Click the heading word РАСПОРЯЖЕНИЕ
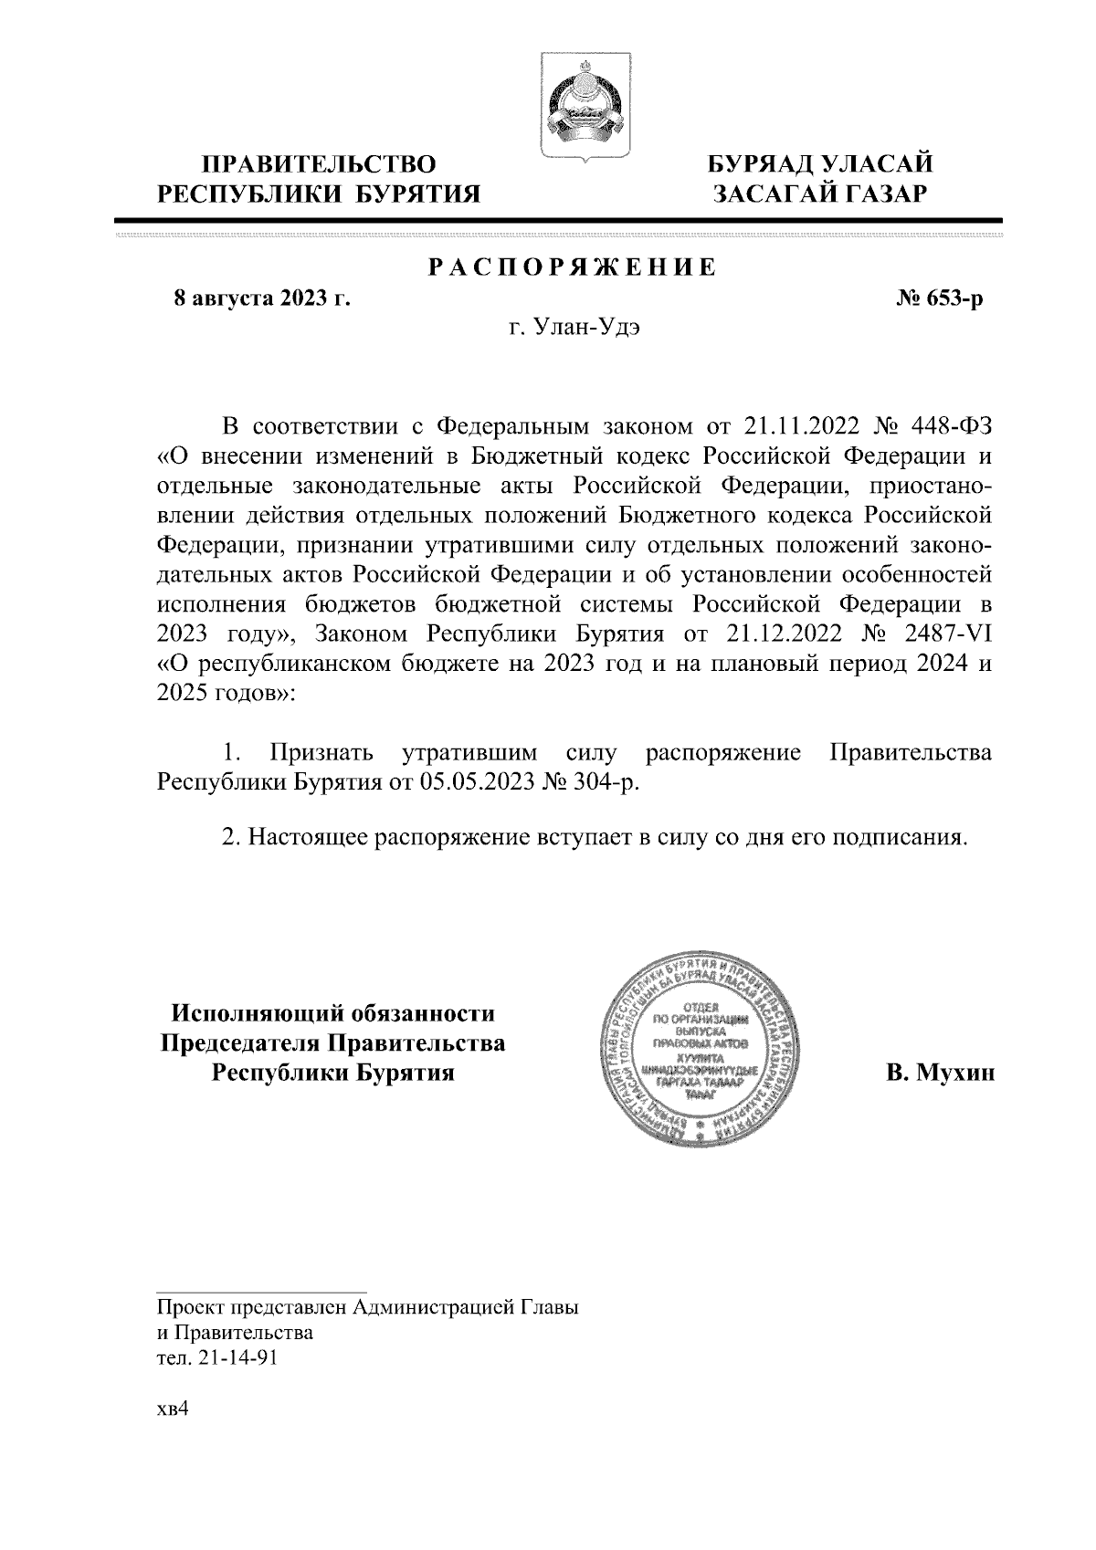pos(573,268)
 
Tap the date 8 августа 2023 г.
pos(263,298)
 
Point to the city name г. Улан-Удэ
pos(574,328)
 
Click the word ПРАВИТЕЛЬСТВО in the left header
pos(319,164)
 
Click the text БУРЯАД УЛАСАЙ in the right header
pos(821,164)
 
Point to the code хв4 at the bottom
pos(173,1409)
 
